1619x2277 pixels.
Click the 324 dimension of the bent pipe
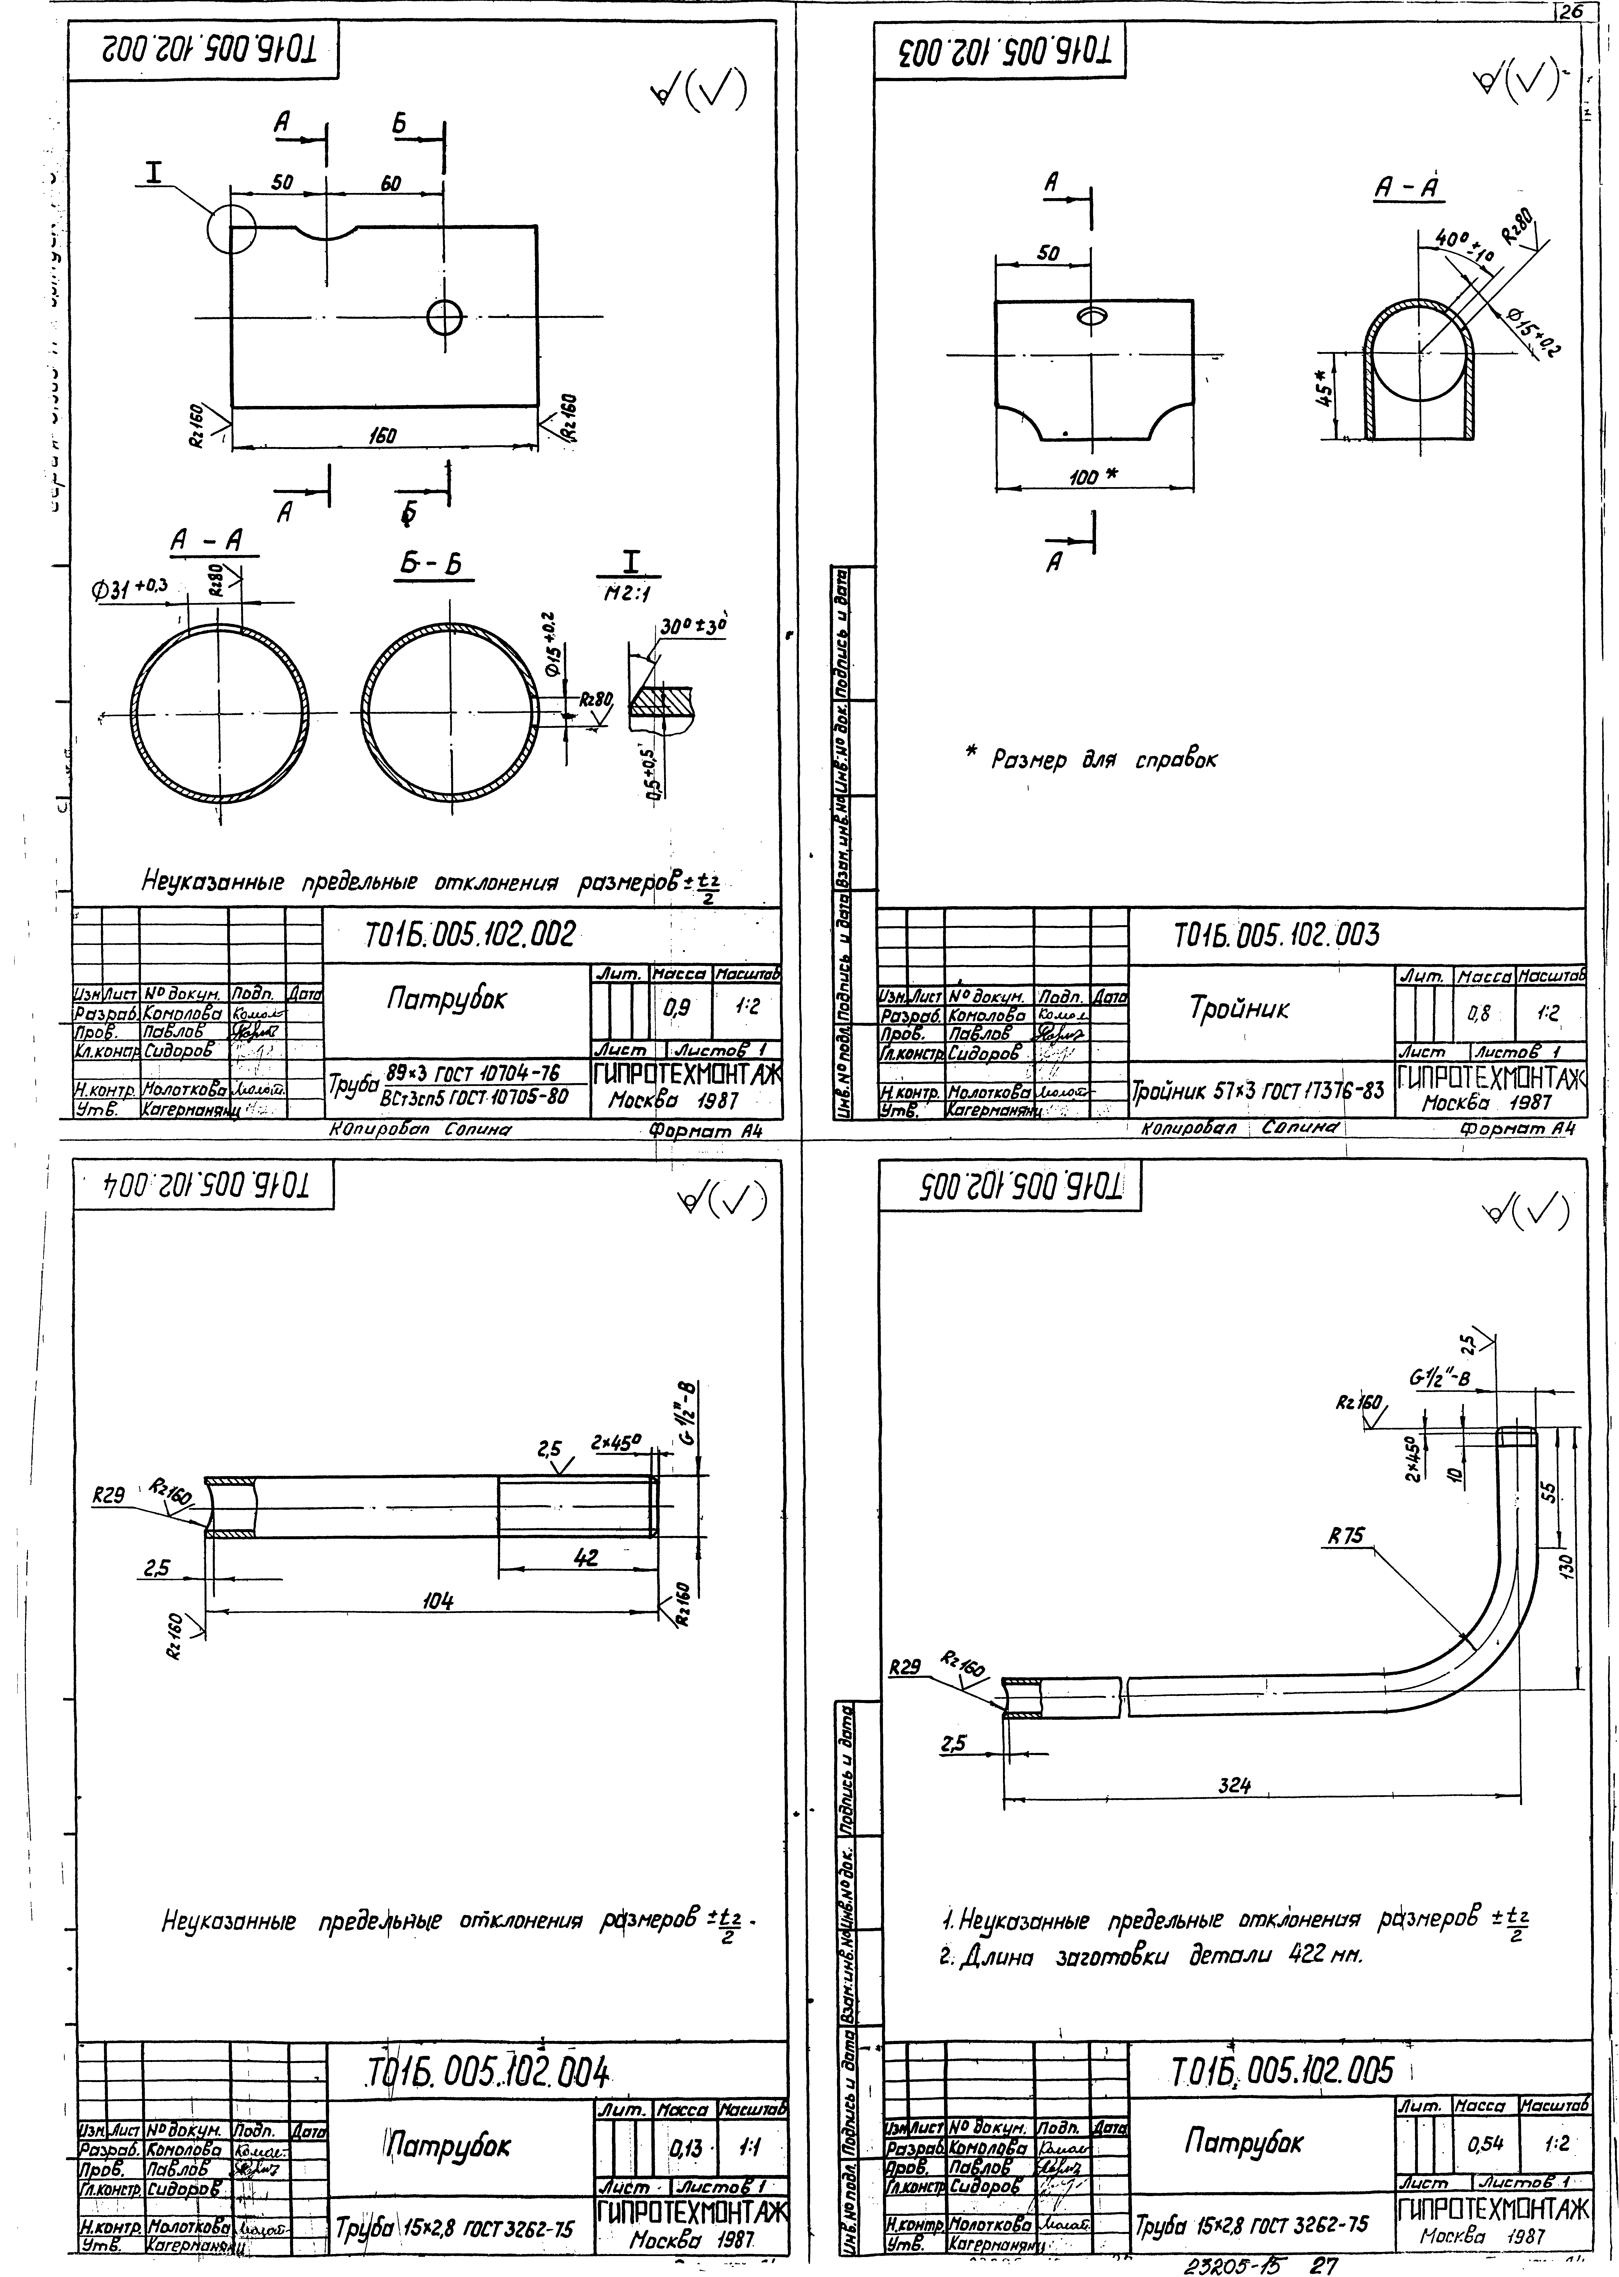[x=1234, y=1785]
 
